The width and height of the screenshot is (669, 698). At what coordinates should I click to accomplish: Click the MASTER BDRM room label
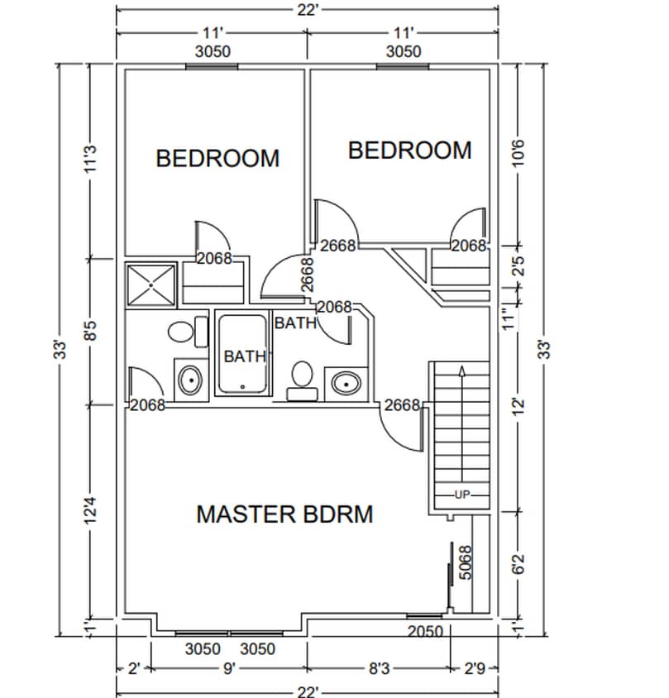(x=284, y=514)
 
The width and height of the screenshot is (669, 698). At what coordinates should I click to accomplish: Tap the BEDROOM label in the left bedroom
(x=217, y=158)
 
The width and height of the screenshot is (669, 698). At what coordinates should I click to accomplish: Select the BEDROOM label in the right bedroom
(x=409, y=151)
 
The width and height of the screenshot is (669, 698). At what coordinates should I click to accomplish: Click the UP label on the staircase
(x=461, y=495)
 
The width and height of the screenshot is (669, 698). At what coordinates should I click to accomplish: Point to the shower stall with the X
(x=151, y=285)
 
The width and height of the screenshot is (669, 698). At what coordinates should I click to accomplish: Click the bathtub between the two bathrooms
(x=242, y=352)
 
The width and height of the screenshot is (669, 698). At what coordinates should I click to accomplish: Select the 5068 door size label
(x=465, y=562)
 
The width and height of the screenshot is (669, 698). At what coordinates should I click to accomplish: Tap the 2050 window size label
(x=426, y=632)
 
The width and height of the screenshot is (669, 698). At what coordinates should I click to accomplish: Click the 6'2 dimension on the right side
(x=519, y=565)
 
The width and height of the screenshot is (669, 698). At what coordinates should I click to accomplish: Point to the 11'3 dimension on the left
(x=92, y=160)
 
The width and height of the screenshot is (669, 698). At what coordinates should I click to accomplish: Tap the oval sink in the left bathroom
(x=189, y=381)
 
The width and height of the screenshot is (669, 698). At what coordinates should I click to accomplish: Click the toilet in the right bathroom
(x=301, y=376)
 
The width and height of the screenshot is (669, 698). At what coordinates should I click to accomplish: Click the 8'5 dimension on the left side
(x=92, y=331)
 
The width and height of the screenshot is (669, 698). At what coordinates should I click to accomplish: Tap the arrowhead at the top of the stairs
(x=461, y=369)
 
